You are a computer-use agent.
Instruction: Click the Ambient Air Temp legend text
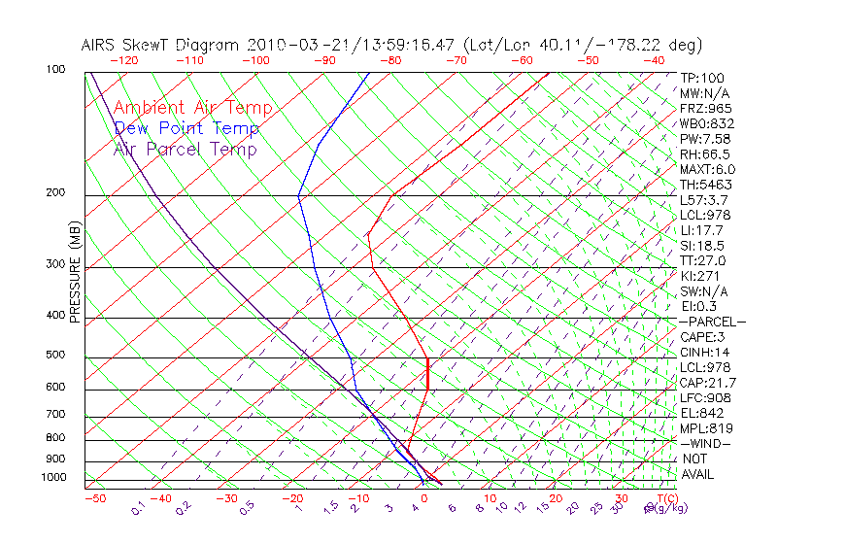click(x=192, y=108)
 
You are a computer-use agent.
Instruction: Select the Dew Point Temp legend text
click(x=186, y=128)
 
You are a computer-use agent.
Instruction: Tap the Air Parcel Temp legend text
click(x=185, y=149)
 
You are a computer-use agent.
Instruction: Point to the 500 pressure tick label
click(x=55, y=356)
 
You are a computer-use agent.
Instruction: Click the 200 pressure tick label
click(x=55, y=193)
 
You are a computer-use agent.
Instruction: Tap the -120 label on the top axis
click(x=123, y=60)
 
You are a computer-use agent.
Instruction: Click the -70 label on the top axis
click(x=456, y=60)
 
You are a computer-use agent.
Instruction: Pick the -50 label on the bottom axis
click(x=94, y=498)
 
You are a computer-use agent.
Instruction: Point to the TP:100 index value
click(x=701, y=79)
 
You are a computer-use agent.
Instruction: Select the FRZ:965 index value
click(x=705, y=109)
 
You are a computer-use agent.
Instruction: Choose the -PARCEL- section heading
click(x=713, y=322)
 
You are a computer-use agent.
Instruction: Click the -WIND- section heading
click(x=706, y=444)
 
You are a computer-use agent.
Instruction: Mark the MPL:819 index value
click(x=706, y=428)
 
